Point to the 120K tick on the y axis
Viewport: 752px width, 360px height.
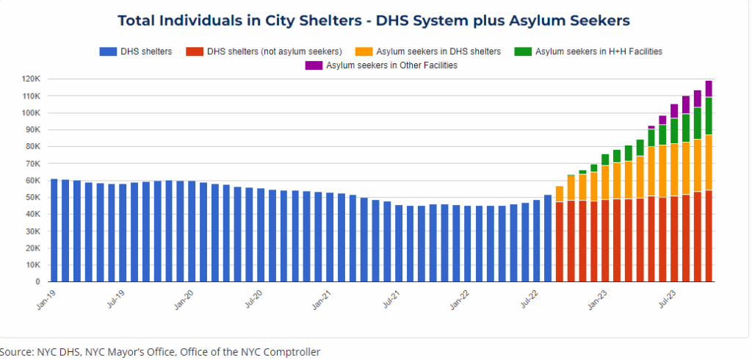31,79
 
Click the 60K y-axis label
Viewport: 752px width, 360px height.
33,181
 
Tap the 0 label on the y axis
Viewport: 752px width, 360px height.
38,282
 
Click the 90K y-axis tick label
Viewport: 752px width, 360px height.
33,130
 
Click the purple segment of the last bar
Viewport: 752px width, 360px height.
709,89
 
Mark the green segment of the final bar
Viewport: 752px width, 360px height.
709,116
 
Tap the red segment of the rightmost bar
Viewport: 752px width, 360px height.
709,236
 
